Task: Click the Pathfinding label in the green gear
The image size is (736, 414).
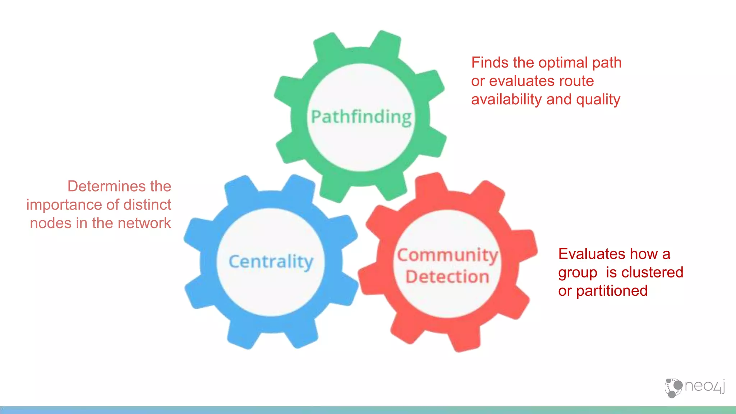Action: [x=361, y=117]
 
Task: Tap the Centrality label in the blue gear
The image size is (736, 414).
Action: [x=271, y=261]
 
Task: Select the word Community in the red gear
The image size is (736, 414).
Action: [x=447, y=255]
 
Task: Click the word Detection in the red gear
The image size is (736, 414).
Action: [x=447, y=277]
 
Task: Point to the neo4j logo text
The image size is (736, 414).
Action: [x=704, y=386]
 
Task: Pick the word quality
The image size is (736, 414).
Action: [x=598, y=100]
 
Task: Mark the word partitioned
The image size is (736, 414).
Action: [x=612, y=291]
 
